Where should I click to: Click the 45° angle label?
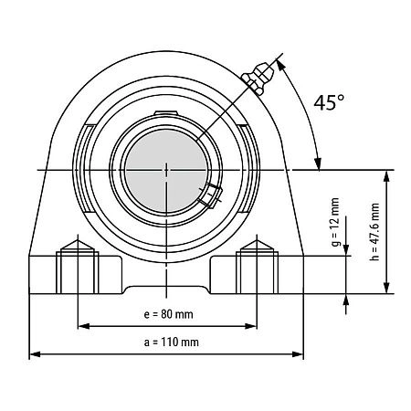329,102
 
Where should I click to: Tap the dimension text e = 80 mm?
168,314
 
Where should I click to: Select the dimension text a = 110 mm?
172,342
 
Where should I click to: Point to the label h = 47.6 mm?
375,232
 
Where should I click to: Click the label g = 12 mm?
335,222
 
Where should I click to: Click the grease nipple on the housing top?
258,78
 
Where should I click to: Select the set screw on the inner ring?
210,195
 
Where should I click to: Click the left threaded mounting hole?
78,267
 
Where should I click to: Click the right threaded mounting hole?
258,267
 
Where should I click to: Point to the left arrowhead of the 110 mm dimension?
35,354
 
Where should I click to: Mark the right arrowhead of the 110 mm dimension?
298,354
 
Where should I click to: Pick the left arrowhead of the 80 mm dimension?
84,326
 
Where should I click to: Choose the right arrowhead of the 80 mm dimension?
251,326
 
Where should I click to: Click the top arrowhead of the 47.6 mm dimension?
386,176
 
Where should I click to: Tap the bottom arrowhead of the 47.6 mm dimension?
386,288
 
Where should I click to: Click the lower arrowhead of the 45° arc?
319,163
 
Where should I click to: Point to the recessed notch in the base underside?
166,290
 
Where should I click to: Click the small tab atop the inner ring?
166,113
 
